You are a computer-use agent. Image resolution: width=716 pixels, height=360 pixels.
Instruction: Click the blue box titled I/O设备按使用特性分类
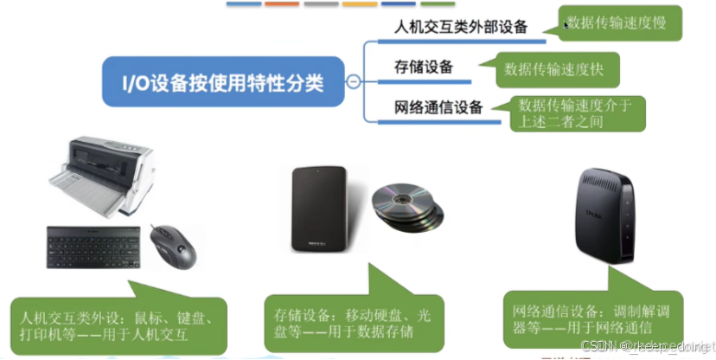(x=222, y=83)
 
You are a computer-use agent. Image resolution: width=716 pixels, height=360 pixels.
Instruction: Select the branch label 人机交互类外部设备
(x=461, y=26)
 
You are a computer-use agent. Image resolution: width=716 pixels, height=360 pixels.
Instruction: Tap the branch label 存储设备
(x=424, y=67)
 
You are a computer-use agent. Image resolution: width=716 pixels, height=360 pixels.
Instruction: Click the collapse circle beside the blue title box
(x=352, y=83)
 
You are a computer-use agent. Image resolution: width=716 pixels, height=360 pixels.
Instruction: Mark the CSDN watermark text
(x=644, y=345)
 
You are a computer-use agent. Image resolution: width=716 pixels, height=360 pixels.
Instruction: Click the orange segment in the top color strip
(x=282, y=3)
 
